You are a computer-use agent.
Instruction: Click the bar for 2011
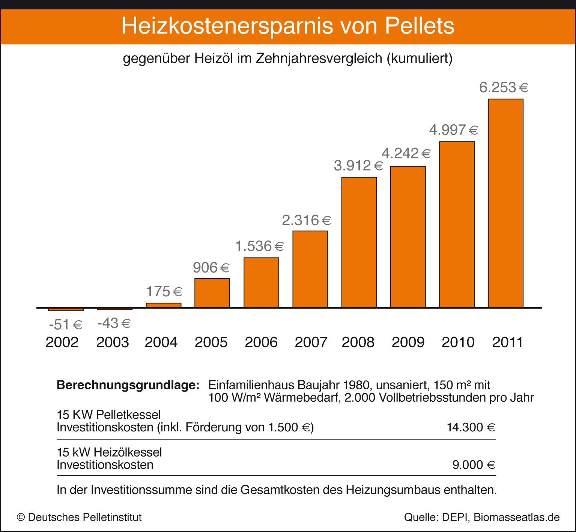[505, 203]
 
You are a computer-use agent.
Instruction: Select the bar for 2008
[359, 242]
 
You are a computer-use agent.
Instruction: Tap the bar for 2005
[212, 293]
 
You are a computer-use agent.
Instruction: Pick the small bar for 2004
[164, 305]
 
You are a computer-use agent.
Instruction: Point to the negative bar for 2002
[66, 309]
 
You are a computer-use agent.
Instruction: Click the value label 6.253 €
[504, 87]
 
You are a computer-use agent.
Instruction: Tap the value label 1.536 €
[259, 246]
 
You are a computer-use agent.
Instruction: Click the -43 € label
[114, 323]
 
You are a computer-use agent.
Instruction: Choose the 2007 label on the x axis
[311, 342]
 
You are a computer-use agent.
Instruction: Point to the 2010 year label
[458, 342]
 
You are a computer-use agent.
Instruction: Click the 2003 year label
[113, 342]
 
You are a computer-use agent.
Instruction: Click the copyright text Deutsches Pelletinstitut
[85, 517]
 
